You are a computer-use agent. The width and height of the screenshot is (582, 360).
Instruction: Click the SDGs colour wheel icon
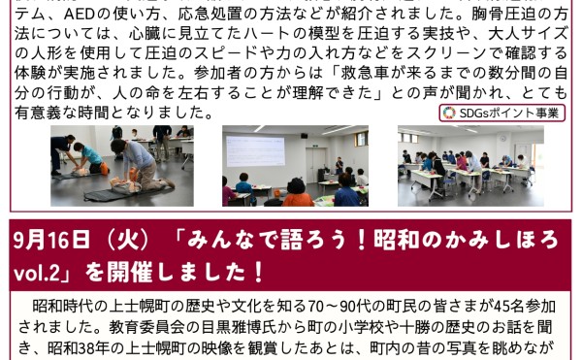449,114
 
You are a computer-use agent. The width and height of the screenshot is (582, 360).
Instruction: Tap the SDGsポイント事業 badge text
508,114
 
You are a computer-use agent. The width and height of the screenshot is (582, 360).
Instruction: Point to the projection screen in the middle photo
255,151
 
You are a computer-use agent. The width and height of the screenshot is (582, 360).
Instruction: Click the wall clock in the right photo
502,139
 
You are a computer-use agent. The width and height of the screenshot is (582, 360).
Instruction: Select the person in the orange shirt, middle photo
298,192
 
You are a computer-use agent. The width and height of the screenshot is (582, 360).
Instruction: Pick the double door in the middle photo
316,164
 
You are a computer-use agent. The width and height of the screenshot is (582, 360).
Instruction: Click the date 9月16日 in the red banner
51,240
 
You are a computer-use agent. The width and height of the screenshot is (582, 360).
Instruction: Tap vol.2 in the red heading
37,274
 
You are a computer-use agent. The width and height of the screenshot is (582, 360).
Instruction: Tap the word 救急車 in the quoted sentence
362,73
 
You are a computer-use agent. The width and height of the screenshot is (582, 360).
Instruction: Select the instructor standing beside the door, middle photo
339,166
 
